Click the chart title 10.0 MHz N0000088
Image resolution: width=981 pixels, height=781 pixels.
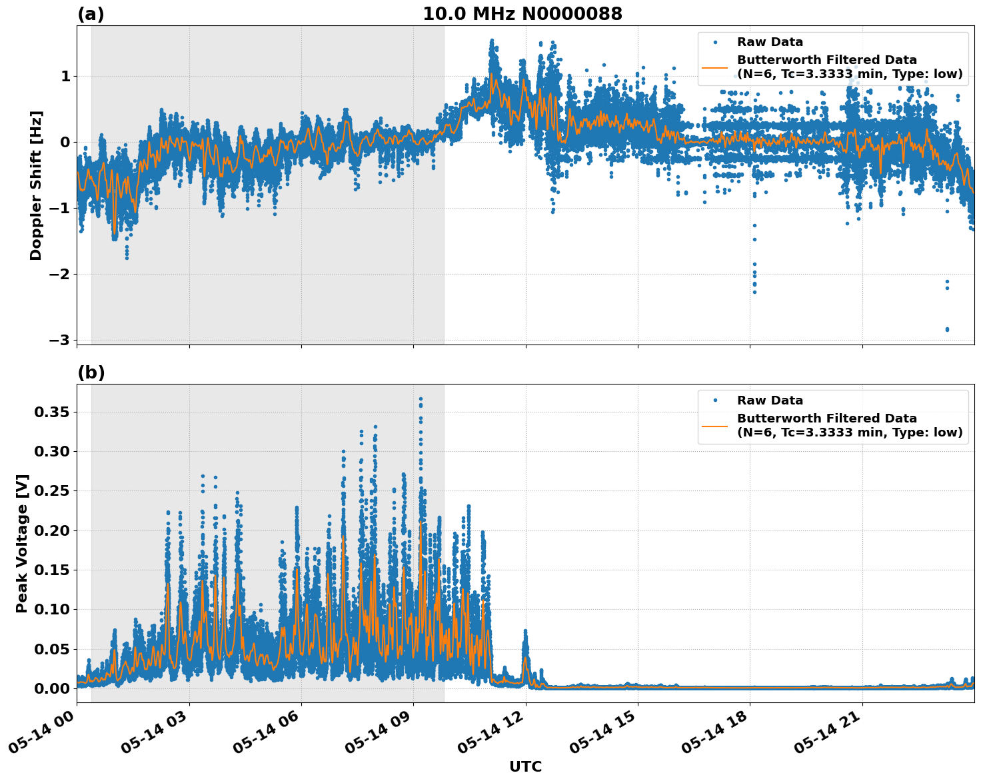point(522,14)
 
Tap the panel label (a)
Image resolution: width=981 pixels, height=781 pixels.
point(91,14)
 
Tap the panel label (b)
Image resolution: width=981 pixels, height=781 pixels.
point(91,373)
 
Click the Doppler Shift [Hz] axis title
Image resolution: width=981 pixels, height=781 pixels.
point(36,185)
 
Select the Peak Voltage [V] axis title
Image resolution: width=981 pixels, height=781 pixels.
point(22,543)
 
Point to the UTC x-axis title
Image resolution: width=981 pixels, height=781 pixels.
point(525,766)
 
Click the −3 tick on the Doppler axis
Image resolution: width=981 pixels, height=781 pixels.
point(59,340)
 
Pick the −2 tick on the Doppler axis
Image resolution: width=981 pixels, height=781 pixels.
point(59,274)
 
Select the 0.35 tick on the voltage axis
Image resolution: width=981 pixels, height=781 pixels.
point(51,412)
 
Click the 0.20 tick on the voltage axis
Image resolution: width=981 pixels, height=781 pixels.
point(51,530)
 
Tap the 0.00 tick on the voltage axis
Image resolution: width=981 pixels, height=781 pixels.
point(51,688)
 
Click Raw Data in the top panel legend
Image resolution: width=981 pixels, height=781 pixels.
point(770,42)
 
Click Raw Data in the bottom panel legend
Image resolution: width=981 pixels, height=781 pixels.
point(770,400)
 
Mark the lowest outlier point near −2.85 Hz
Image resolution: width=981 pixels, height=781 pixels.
point(947,329)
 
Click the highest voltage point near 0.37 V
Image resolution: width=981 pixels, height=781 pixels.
point(421,399)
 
